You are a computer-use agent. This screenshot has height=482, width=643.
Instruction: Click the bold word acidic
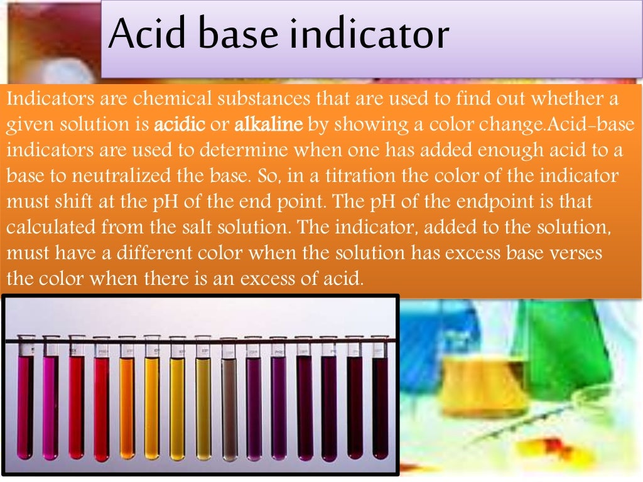[180, 125]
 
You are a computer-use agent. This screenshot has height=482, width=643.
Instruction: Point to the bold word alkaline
[269, 125]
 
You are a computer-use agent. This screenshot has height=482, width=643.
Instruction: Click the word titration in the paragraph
[353, 176]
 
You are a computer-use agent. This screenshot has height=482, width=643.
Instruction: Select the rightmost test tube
[380, 402]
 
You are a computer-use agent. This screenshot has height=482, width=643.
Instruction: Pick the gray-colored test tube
[229, 402]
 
